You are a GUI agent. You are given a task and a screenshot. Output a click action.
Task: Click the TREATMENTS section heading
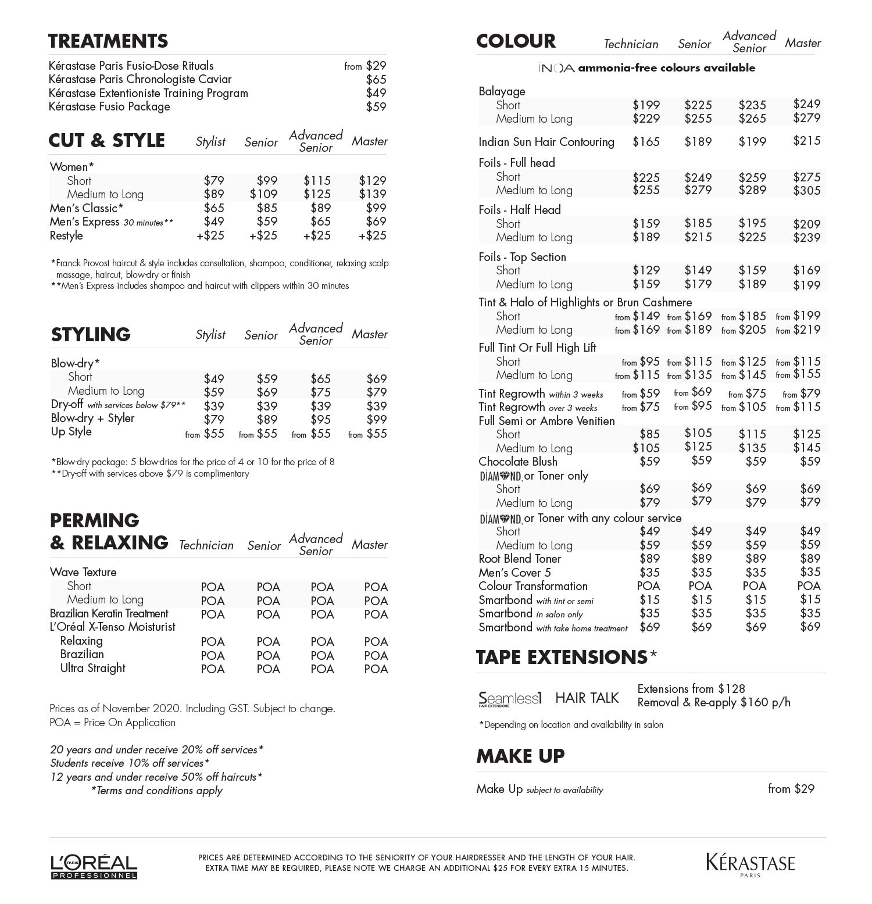point(108,41)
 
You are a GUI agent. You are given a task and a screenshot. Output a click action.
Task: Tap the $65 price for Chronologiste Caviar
point(376,80)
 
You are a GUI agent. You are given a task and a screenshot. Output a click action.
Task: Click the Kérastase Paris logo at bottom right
point(751,864)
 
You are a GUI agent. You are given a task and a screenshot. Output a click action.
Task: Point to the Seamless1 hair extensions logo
point(510,698)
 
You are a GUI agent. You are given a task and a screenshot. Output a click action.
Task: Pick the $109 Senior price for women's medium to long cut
point(263,194)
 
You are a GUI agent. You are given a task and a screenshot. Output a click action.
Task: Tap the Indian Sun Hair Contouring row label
point(546,142)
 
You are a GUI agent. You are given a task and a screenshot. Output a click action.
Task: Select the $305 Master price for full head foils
point(806,191)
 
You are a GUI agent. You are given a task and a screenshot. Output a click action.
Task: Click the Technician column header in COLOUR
point(631,44)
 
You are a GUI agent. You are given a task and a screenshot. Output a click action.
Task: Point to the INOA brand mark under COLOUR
point(556,68)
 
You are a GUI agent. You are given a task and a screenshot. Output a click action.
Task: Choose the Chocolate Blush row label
point(517,462)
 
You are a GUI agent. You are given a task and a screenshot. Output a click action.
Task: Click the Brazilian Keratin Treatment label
point(109,613)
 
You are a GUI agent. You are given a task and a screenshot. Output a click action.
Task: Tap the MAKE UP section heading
point(520,756)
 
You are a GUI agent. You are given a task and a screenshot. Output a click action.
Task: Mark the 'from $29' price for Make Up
point(791,789)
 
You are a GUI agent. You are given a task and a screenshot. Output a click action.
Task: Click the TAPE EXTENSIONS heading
point(562,657)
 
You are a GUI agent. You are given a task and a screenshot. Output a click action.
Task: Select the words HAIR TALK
point(587,698)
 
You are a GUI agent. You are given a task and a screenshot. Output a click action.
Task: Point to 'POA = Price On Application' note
point(112,723)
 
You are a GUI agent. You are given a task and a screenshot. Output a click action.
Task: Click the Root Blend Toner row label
point(520,559)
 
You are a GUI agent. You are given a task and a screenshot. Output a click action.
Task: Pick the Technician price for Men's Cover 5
point(649,573)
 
